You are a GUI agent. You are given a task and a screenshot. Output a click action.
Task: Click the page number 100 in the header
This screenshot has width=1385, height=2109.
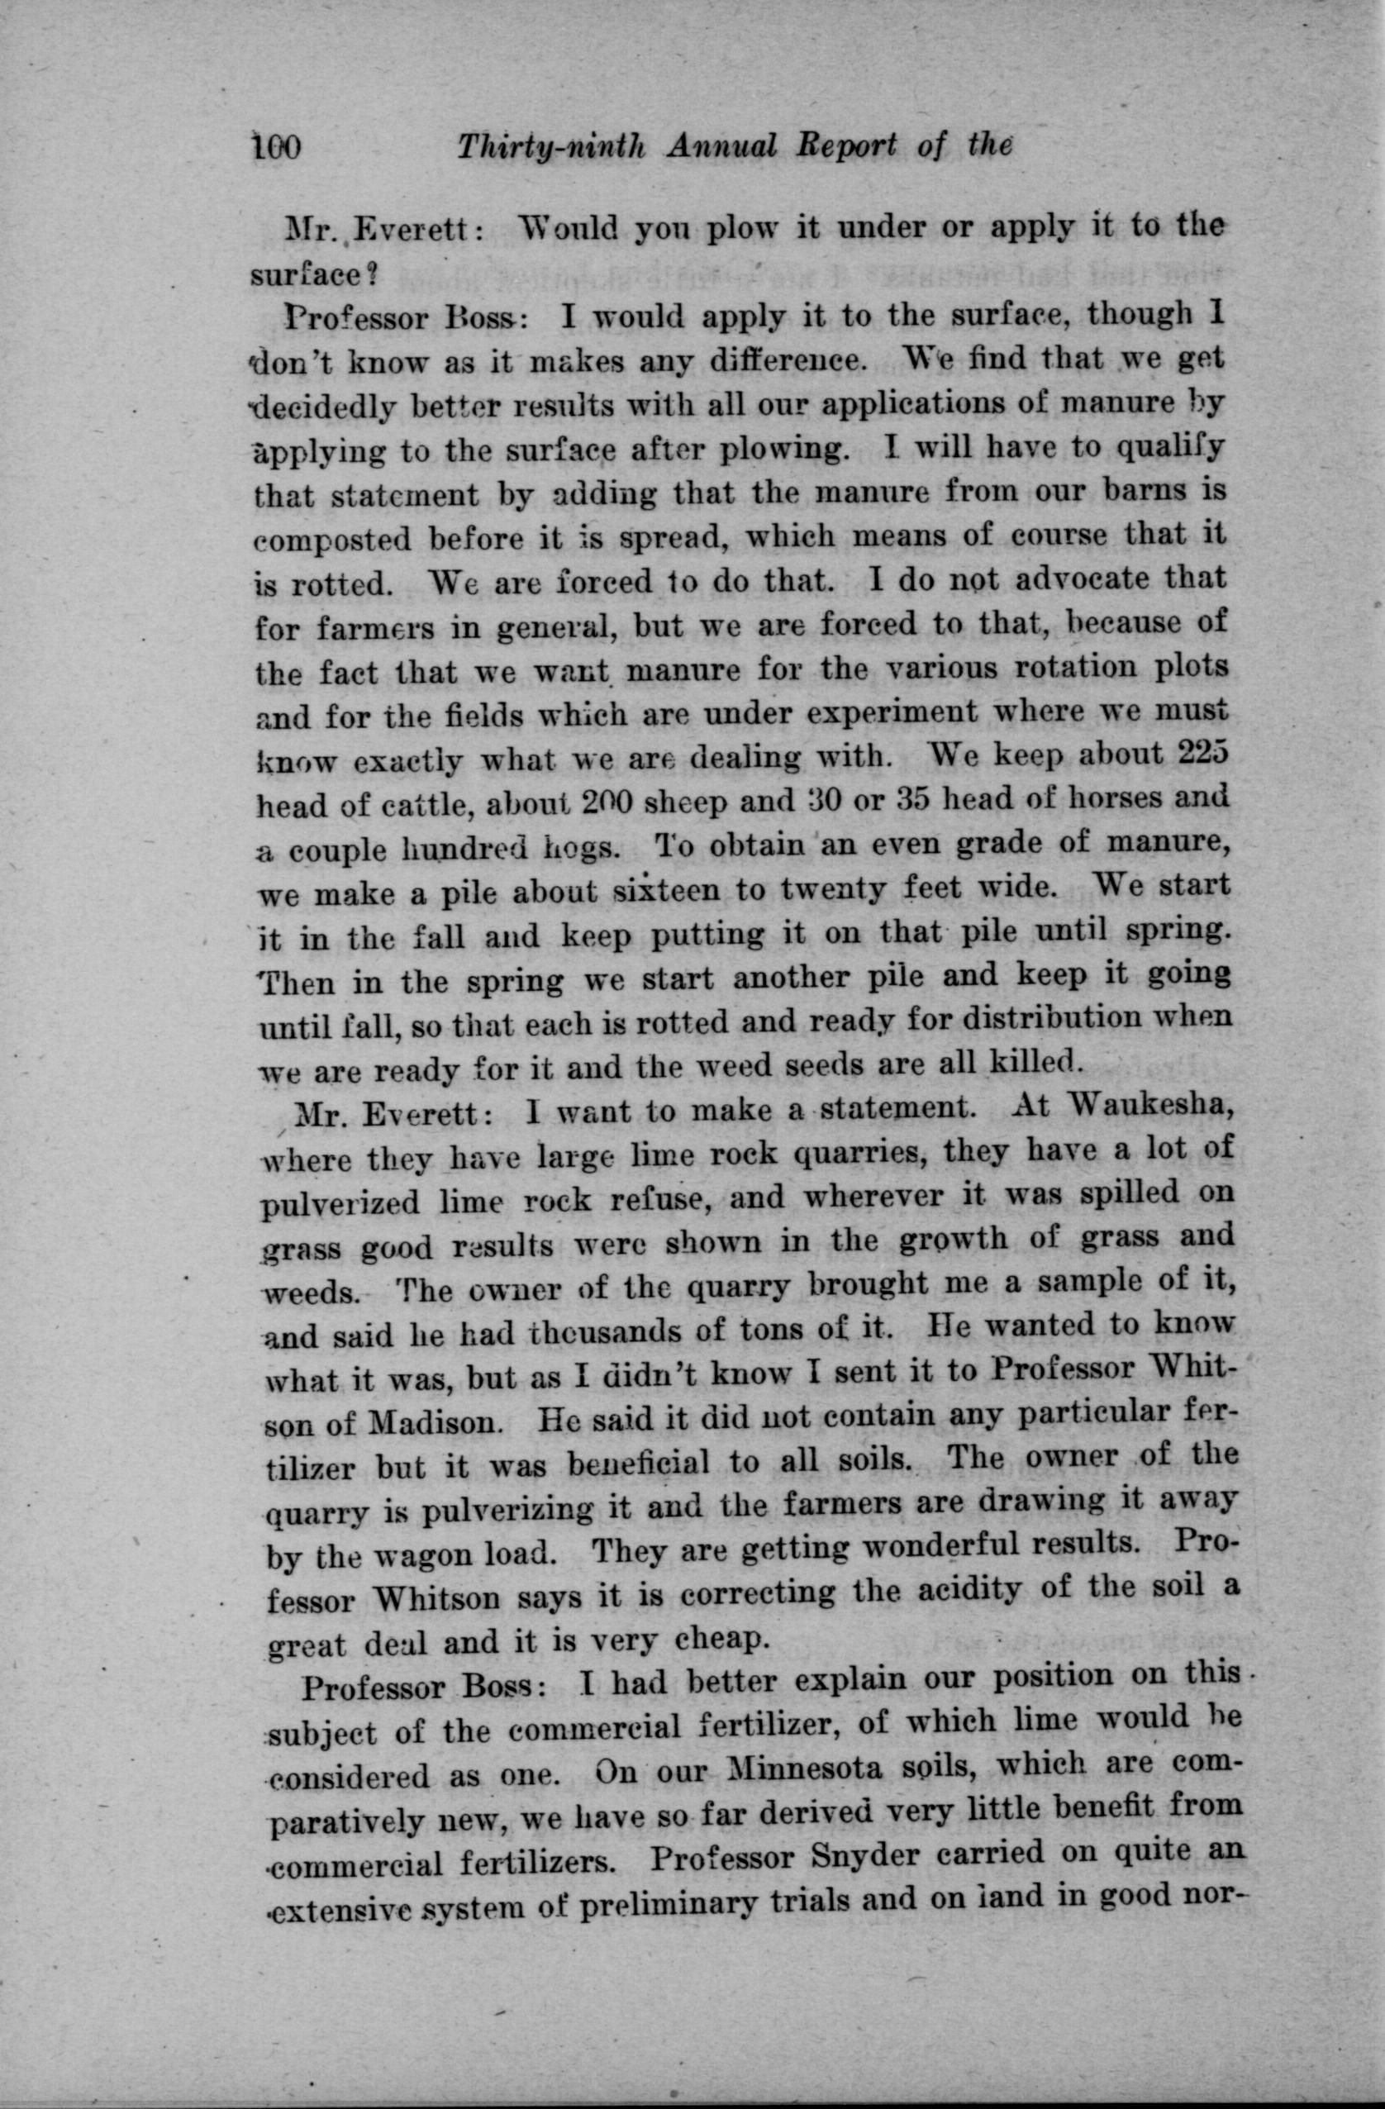(x=278, y=145)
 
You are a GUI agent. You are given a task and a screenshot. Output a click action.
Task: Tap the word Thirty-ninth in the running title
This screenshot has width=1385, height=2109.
(x=550, y=148)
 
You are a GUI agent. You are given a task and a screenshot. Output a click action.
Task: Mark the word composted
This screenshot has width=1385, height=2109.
(x=332, y=540)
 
